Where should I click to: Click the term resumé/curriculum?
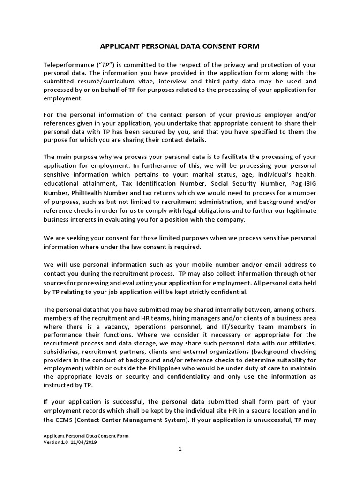(110, 81)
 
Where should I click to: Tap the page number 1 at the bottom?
(180, 449)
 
